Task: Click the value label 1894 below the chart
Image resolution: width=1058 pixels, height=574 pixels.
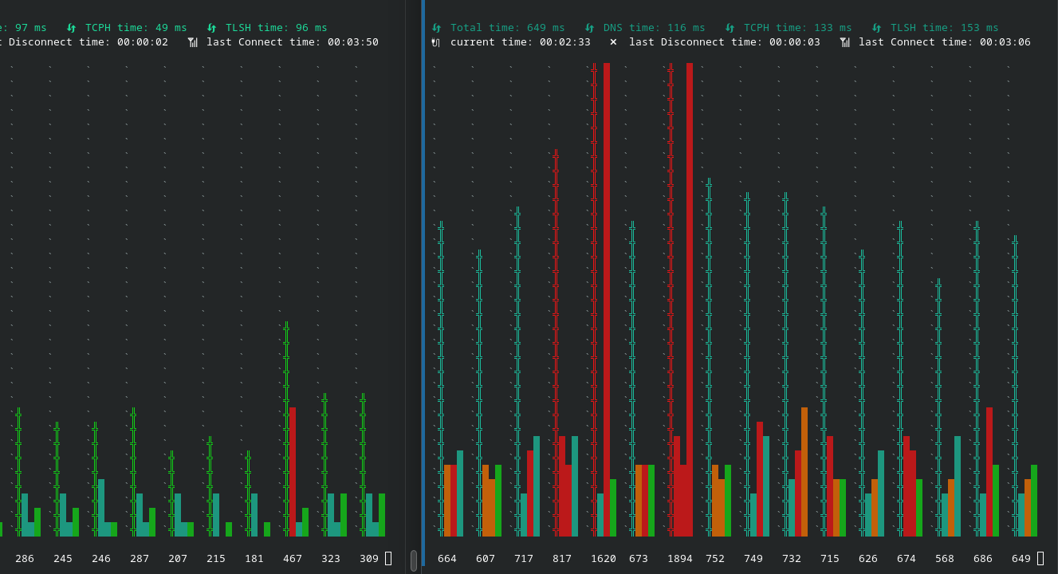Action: point(679,559)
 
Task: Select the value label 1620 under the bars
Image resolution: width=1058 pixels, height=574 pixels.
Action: point(603,559)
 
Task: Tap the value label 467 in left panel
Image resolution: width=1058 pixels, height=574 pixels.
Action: point(293,559)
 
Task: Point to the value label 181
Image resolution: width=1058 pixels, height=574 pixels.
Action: point(254,559)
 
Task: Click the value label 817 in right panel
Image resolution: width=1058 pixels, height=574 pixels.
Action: point(562,559)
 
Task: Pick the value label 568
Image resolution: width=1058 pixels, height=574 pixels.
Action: point(945,559)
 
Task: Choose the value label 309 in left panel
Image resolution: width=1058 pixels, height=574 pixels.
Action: point(369,559)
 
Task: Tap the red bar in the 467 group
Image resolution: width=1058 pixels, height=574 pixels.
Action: point(293,471)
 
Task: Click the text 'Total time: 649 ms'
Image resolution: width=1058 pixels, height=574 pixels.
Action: point(507,28)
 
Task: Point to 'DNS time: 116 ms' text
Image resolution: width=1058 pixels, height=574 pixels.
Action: point(654,28)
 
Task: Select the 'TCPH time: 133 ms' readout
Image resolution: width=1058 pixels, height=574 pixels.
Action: point(797,28)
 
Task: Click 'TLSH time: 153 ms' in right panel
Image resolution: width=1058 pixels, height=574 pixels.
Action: point(944,28)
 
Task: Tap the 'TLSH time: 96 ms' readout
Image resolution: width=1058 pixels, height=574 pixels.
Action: point(276,28)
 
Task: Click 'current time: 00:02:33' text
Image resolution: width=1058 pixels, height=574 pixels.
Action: point(520,42)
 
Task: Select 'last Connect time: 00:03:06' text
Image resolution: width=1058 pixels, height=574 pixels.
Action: point(944,42)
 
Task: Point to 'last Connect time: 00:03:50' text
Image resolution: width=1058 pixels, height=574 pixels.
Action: point(292,42)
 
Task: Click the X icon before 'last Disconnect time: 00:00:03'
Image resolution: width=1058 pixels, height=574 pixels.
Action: point(613,42)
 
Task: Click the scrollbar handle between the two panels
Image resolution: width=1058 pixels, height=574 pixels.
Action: point(414,560)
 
